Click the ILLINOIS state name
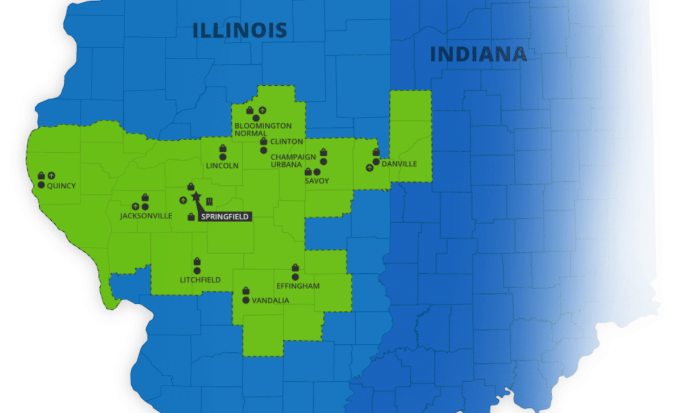pyautogui.click(x=239, y=30)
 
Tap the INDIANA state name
pyautogui.click(x=478, y=55)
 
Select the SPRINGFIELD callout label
pyautogui.click(x=225, y=217)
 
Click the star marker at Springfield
pyautogui.click(x=196, y=197)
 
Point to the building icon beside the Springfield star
pyautogui.click(x=210, y=201)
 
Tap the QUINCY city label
pyautogui.click(x=61, y=186)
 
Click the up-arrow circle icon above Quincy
pyautogui.click(x=52, y=176)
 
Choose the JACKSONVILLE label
pyautogui.click(x=146, y=216)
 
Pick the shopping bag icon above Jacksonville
pyautogui.click(x=145, y=197)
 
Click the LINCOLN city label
pyautogui.click(x=223, y=166)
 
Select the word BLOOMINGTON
pyautogui.click(x=263, y=126)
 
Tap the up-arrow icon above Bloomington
pyautogui.click(x=262, y=110)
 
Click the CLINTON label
pyautogui.click(x=286, y=141)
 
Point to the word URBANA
pyautogui.click(x=286, y=164)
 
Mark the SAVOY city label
pyautogui.click(x=317, y=181)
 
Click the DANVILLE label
pyautogui.click(x=399, y=164)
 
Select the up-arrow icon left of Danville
pyautogui.click(x=369, y=168)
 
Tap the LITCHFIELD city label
pyautogui.click(x=200, y=280)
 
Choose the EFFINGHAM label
pyautogui.click(x=298, y=286)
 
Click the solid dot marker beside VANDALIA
pyautogui.click(x=246, y=300)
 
